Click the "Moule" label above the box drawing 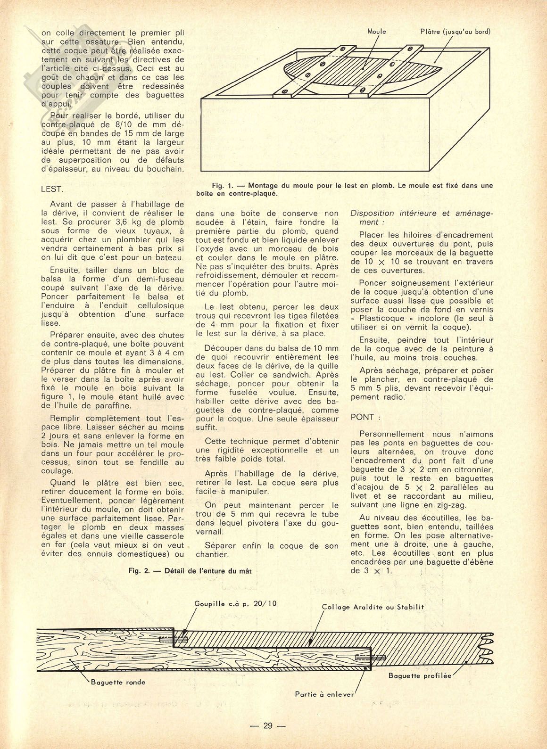(376, 32)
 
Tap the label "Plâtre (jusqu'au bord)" (456, 32)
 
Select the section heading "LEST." (52, 189)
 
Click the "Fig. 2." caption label (140, 570)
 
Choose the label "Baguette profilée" (420, 675)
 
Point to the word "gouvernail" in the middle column (215, 532)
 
